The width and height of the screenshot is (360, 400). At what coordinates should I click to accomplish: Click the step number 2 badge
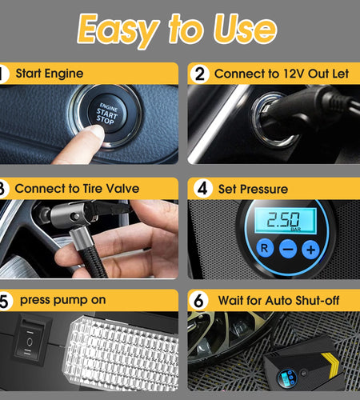200,74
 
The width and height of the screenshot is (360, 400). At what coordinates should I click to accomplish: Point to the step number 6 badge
200,301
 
